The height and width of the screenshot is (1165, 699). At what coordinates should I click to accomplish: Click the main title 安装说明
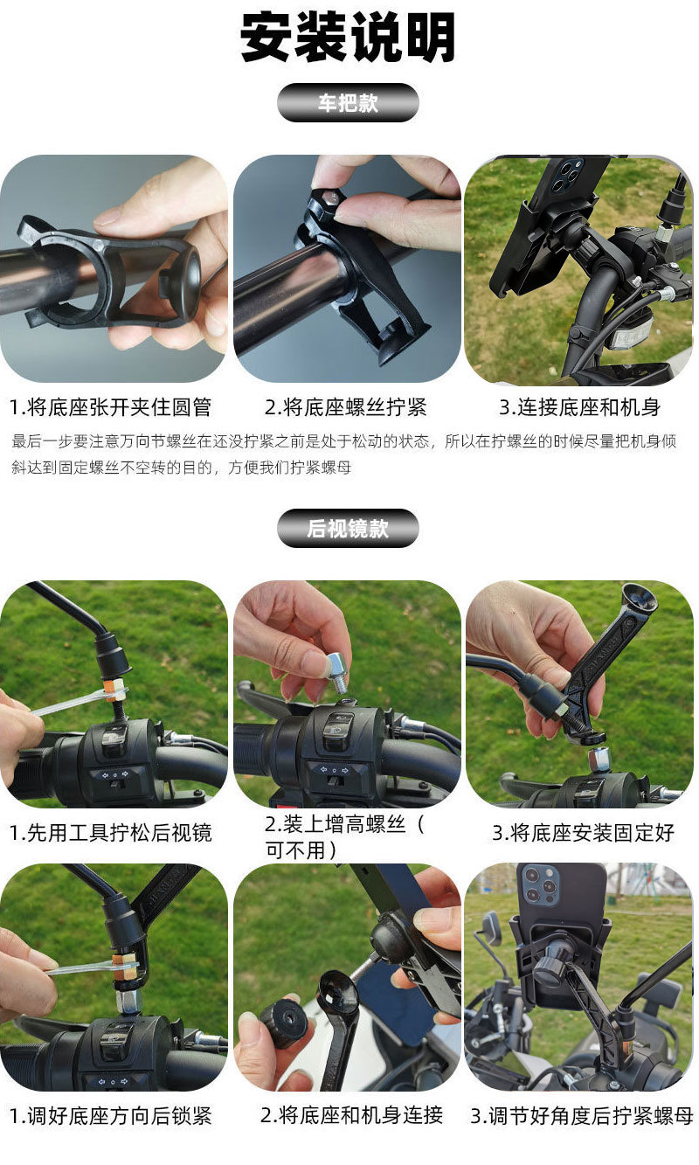tap(348, 38)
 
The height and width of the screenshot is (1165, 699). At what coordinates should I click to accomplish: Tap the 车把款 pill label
tap(348, 103)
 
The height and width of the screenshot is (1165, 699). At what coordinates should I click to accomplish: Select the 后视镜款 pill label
tap(348, 529)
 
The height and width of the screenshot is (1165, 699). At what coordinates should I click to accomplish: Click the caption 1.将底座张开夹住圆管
tap(110, 407)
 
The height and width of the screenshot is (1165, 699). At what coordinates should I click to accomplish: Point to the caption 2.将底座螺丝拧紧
tap(346, 407)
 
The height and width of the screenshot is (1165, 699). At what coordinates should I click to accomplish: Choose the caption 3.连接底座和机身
tap(579, 407)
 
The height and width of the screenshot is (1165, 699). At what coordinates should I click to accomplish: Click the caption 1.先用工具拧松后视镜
tap(110, 832)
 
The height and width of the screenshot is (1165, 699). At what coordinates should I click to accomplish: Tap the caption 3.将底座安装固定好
tap(583, 832)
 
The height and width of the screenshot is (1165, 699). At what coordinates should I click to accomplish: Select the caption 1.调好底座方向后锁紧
tap(110, 1116)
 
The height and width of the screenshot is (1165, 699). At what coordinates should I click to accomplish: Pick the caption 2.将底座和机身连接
tap(351, 1116)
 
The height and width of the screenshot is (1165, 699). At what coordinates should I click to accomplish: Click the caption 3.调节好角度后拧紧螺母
tap(581, 1116)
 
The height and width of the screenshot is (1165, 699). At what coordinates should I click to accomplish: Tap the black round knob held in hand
tap(284, 1023)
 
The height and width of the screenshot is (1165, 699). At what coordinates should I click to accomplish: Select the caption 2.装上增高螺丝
tap(344, 836)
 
